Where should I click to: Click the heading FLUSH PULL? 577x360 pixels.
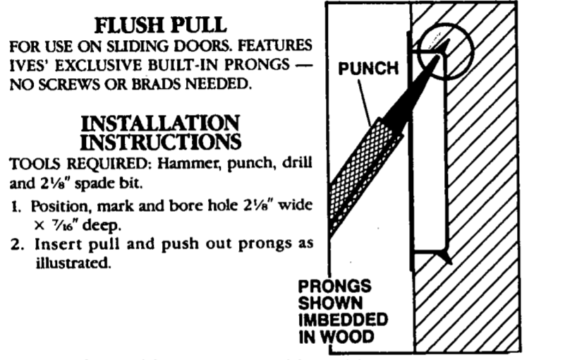coord(160,25)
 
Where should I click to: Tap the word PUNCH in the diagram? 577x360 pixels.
coord(368,68)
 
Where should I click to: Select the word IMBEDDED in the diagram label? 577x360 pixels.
coord(343,320)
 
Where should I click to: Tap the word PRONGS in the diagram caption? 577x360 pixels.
coord(334,286)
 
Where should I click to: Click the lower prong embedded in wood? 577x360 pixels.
coord(444,256)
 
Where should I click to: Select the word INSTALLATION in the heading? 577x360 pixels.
coord(160,124)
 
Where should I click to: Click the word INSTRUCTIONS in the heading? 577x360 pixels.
coord(160,142)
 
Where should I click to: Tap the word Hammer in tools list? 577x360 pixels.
coord(189,163)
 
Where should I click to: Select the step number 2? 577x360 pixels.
coord(18,244)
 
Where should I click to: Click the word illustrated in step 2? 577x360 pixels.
coord(73,263)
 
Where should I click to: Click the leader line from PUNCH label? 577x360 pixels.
coord(364,103)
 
